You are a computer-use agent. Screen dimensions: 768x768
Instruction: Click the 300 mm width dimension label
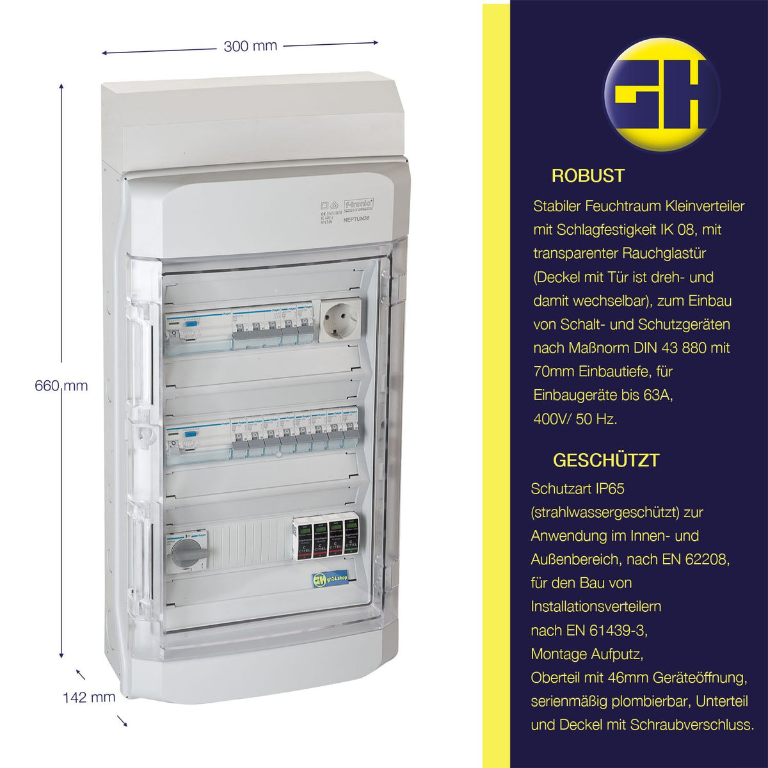[x=250, y=46]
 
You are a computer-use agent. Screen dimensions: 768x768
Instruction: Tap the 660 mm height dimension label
[x=61, y=386]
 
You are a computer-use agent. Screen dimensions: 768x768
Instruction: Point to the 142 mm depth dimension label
[x=89, y=697]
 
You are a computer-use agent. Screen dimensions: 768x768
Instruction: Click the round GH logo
[x=662, y=94]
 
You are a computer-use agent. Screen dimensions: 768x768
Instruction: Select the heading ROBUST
[x=588, y=176]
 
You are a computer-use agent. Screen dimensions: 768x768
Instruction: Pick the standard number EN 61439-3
[x=607, y=630]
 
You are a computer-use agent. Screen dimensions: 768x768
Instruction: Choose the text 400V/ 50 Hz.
[x=575, y=419]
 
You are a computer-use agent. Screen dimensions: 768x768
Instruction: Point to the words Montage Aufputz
[x=586, y=654]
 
